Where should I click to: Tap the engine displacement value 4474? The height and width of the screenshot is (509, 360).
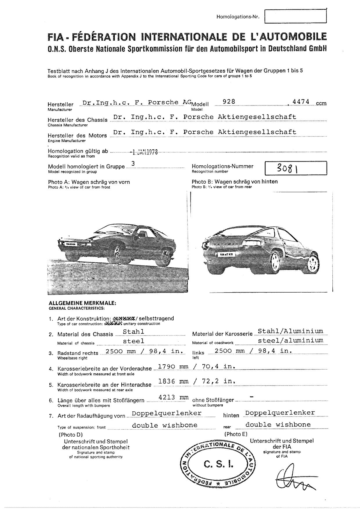301,102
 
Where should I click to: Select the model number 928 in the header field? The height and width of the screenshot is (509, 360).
228,101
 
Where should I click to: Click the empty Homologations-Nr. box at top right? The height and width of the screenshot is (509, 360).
296,16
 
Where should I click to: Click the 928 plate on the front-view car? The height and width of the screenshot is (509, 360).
71,244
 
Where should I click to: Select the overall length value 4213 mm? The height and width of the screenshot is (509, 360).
174,397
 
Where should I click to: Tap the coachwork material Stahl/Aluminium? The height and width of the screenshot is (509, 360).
290,331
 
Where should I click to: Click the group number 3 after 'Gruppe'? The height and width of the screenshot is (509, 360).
133,164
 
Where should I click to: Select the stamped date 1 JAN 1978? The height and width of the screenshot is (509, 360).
144,152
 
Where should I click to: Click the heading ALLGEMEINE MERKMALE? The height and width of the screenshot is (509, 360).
82,303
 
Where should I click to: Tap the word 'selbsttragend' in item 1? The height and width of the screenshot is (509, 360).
158,318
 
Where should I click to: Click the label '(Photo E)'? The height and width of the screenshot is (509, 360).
236,434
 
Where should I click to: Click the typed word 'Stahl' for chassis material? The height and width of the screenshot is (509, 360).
134,332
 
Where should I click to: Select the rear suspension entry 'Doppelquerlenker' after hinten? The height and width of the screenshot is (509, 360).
280,413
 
